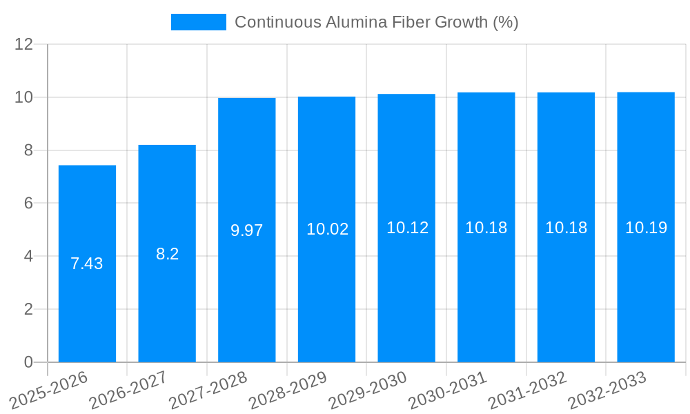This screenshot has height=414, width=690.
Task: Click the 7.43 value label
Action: [x=87, y=264]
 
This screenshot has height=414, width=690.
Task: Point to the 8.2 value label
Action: [x=167, y=254]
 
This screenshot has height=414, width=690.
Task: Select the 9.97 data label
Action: [x=247, y=230]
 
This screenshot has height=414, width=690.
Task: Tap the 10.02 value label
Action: [x=327, y=229]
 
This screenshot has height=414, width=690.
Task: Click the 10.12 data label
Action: [x=407, y=228]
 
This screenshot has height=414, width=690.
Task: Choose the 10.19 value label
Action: [x=646, y=228]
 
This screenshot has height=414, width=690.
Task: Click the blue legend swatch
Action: [x=198, y=22]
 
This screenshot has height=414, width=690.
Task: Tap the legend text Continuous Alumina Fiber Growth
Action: [x=376, y=22]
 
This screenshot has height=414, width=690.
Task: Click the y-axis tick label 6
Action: [x=28, y=204]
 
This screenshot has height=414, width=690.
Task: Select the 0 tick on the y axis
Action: [x=28, y=362]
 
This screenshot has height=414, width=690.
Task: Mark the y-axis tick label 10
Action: [x=24, y=97]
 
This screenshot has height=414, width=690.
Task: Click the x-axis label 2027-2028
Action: [x=207, y=390]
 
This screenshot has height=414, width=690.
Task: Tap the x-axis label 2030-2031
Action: [x=446, y=390]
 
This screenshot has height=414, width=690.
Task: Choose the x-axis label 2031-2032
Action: [x=526, y=390]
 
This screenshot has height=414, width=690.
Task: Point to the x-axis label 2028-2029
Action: [x=287, y=390]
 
